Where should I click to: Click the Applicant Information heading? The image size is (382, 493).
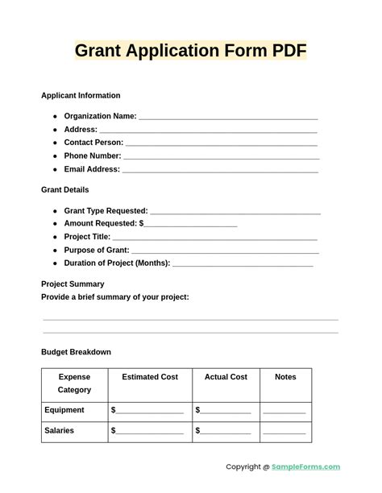[x=81, y=96]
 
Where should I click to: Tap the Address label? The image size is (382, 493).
[x=81, y=130]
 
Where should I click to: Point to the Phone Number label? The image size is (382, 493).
[x=93, y=156]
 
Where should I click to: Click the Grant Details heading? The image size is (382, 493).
[x=65, y=190]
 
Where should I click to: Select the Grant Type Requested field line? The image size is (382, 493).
[x=235, y=211]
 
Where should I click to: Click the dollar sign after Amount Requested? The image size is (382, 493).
[x=142, y=223]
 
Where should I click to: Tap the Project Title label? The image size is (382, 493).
[x=87, y=237]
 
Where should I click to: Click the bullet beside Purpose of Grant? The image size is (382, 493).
[x=56, y=251]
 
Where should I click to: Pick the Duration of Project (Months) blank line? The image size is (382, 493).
[x=243, y=263]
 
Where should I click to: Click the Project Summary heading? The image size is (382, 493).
[x=73, y=284]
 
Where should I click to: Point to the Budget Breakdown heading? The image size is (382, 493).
[x=76, y=352]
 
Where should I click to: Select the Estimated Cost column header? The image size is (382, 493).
[x=150, y=377]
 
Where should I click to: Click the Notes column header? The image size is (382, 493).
[x=285, y=377]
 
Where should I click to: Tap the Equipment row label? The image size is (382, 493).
[x=64, y=410]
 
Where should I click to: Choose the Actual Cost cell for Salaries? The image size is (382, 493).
[x=225, y=431]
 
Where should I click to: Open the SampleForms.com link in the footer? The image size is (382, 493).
[x=305, y=467]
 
